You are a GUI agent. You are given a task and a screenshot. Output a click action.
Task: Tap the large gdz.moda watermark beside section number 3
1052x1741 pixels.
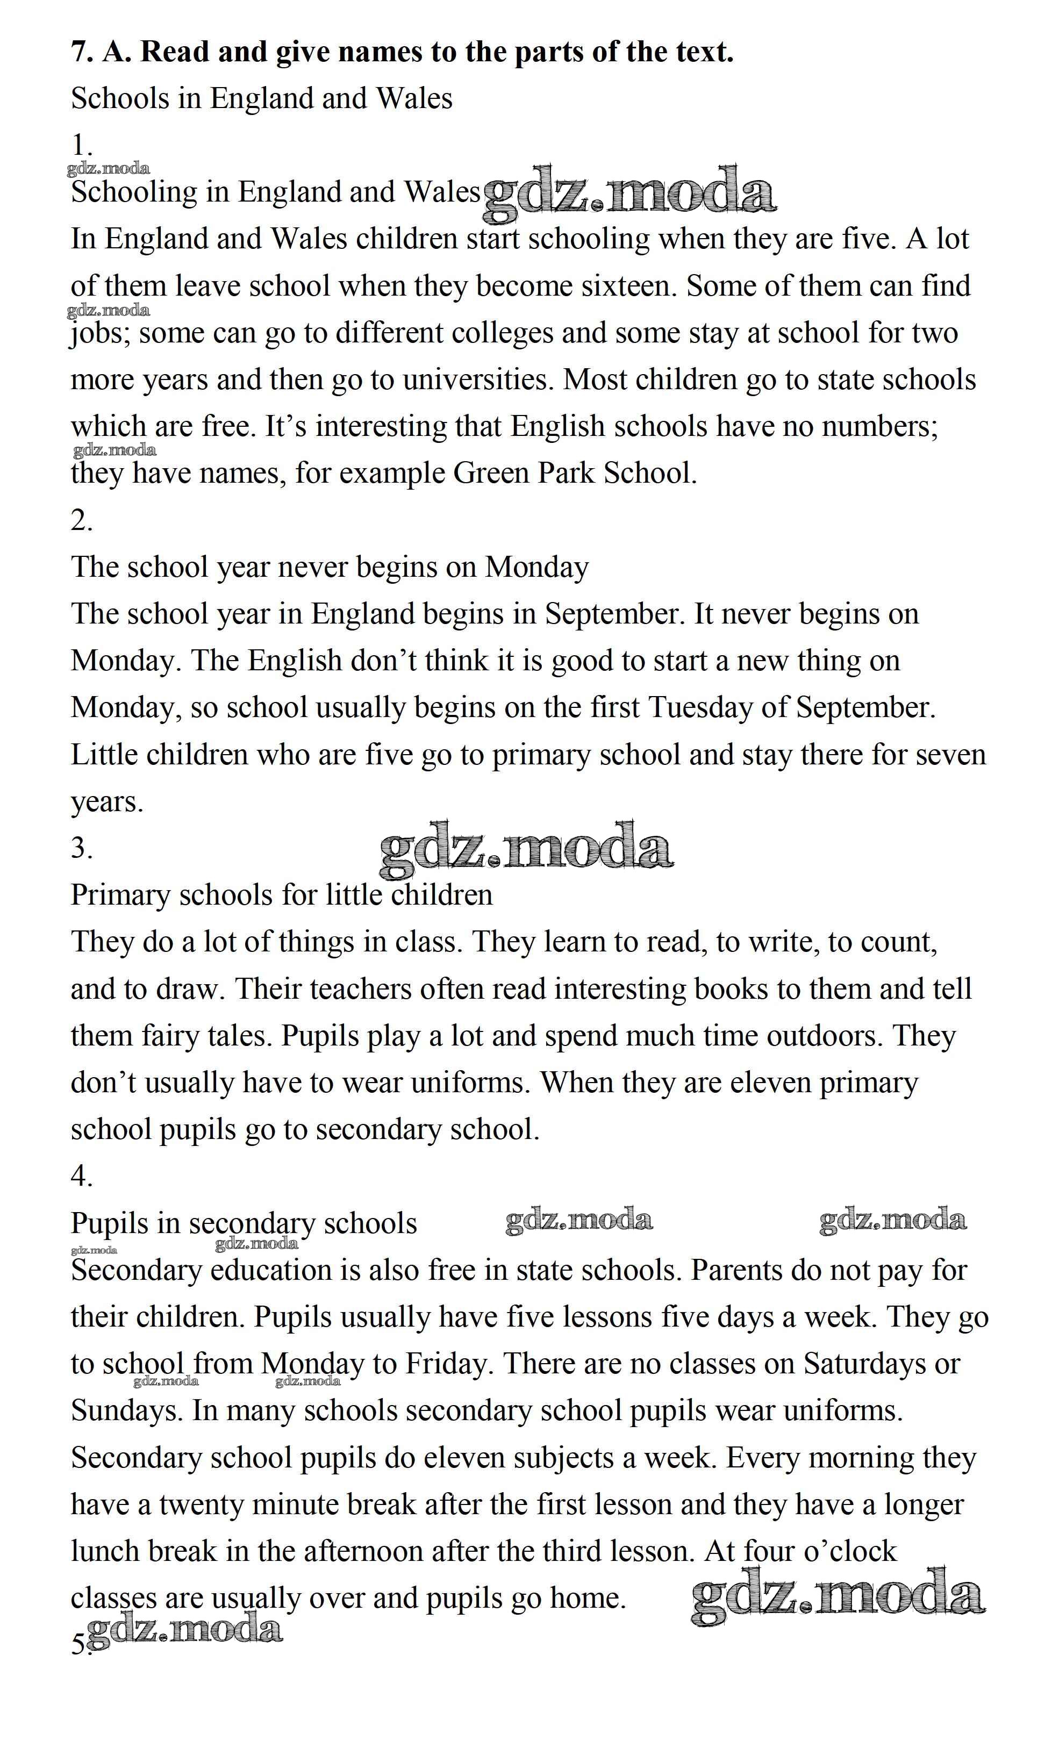coord(526,847)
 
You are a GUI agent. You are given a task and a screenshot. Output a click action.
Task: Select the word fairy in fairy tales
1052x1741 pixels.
coord(169,1036)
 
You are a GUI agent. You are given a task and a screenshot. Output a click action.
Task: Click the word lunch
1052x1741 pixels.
coord(105,1551)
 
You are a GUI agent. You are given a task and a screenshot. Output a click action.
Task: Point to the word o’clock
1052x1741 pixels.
coord(850,1551)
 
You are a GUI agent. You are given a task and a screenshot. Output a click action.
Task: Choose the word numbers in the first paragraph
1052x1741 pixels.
coord(875,427)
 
